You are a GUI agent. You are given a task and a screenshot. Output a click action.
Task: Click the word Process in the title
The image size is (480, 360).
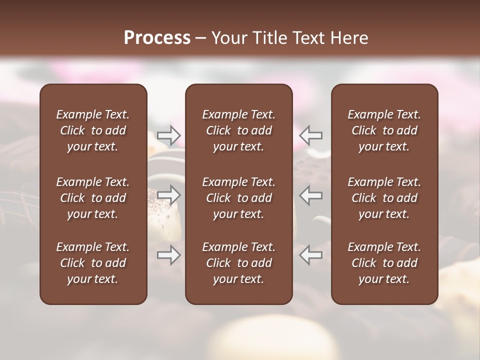pos(157,38)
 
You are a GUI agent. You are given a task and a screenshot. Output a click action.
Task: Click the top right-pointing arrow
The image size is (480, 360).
pos(169,135)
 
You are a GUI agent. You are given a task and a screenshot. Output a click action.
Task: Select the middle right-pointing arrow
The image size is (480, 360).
pos(169,195)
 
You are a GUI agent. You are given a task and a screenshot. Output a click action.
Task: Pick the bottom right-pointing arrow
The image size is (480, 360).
pos(169,255)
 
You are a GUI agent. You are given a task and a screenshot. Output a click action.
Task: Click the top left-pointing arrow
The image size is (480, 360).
pos(311,135)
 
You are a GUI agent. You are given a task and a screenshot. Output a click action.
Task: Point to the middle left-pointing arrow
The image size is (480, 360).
pos(311,195)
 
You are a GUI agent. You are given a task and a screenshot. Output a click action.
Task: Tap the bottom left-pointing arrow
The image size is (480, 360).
pos(311,255)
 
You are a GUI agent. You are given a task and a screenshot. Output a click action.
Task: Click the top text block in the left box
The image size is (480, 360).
pos(93,130)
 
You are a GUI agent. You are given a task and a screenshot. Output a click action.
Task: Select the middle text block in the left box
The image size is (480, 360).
pos(93,198)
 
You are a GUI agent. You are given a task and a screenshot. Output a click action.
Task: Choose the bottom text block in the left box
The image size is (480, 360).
pos(93,263)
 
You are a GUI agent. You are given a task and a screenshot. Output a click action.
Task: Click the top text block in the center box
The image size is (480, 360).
pos(239,130)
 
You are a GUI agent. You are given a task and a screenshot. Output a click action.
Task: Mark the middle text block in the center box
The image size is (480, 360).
pos(239,198)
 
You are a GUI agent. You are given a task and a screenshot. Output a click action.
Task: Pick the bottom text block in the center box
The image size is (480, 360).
pos(239,263)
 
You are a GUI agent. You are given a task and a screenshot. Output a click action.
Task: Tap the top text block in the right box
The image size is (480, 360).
pos(384,130)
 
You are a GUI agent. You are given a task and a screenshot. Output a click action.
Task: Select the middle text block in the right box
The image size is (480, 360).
pos(384,198)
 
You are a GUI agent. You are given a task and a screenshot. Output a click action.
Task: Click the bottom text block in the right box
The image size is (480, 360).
pos(384,263)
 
